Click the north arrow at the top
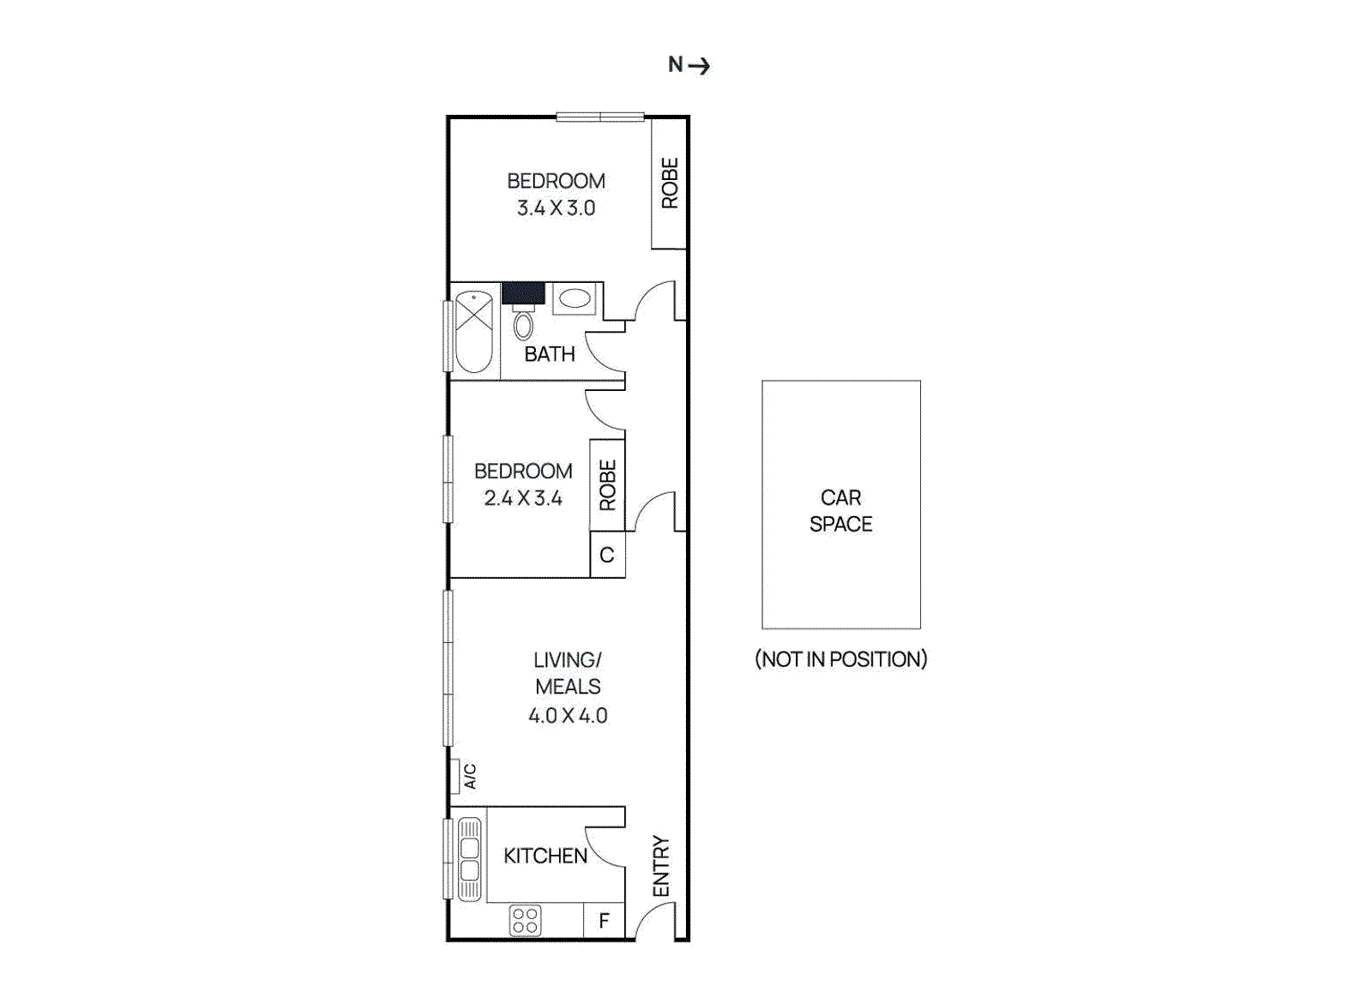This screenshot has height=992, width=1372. [x=690, y=65]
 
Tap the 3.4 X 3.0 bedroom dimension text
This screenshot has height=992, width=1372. [x=556, y=208]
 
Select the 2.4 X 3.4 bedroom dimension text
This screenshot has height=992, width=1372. [x=523, y=498]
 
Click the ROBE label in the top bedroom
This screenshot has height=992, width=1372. [x=670, y=183]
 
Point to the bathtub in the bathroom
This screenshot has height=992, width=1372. [x=473, y=332]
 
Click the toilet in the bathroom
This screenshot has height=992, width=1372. [x=523, y=325]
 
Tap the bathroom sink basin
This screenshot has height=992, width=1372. [x=575, y=298]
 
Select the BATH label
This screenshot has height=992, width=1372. [x=550, y=354]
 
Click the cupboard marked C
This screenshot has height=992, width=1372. [x=607, y=555]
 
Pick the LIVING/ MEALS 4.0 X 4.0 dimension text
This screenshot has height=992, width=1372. [x=568, y=715]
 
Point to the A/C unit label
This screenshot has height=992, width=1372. [x=469, y=777]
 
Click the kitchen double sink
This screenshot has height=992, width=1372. [x=470, y=859]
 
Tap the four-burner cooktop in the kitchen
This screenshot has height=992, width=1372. [x=525, y=921]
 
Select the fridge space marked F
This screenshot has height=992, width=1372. [x=605, y=921]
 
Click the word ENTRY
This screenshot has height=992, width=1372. [x=661, y=866]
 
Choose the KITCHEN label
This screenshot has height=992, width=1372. [x=545, y=856]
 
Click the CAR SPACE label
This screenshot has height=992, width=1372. [x=841, y=511]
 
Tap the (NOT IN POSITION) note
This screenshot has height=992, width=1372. [x=841, y=659]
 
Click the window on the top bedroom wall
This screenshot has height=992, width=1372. [x=600, y=117]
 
